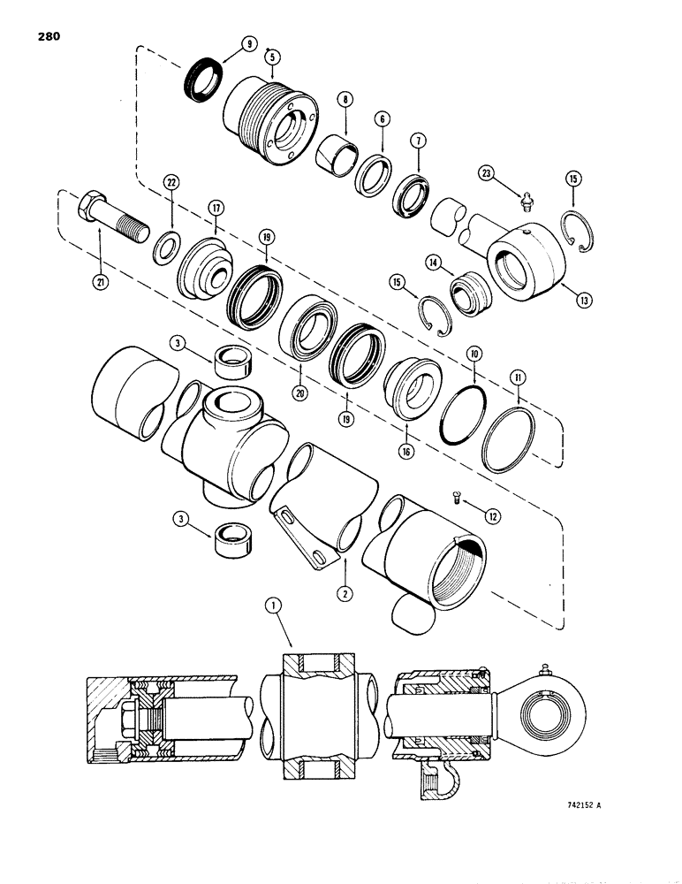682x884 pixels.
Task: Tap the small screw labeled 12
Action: pos(453,499)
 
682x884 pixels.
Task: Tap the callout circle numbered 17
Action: pos(215,208)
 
